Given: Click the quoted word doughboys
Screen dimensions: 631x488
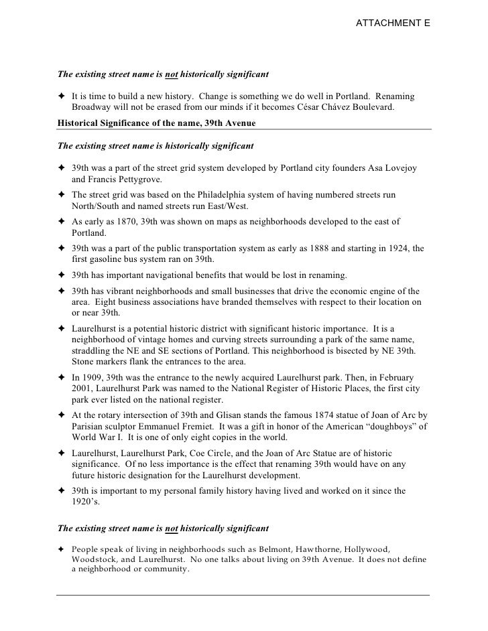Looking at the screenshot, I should [391, 427].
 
